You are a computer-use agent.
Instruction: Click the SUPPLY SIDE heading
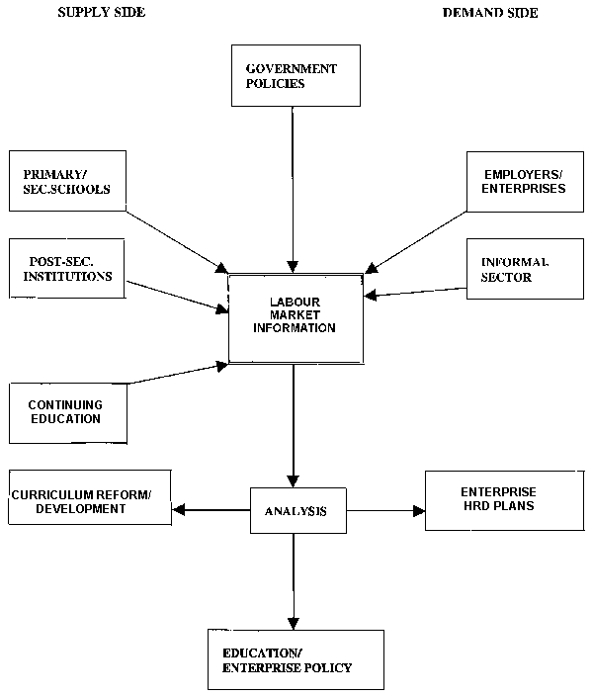(x=101, y=12)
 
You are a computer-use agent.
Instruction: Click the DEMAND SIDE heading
(x=490, y=13)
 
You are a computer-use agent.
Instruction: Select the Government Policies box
(x=296, y=75)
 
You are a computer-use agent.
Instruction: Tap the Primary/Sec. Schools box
(x=67, y=181)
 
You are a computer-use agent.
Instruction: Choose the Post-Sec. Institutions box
(x=67, y=269)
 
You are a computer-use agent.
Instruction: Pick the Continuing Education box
(x=68, y=413)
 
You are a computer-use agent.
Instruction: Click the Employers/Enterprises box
(x=525, y=182)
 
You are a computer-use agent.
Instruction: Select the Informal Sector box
(x=525, y=269)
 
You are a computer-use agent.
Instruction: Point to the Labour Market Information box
(x=296, y=318)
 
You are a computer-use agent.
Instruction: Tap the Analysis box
(x=298, y=510)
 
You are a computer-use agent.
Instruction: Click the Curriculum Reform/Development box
(x=90, y=497)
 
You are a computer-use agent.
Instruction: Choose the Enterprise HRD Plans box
(x=505, y=500)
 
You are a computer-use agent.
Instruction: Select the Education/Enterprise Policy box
(x=296, y=659)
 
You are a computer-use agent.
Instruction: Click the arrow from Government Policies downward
(x=293, y=190)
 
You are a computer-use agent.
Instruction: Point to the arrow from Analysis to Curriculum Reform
(x=211, y=510)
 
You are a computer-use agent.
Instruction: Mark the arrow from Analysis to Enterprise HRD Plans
(x=385, y=511)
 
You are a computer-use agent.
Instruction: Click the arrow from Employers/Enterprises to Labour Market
(x=416, y=242)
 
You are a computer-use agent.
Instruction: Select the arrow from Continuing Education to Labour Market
(x=178, y=374)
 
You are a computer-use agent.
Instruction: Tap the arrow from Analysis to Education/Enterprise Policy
(x=294, y=581)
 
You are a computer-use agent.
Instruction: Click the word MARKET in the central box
(x=296, y=315)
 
